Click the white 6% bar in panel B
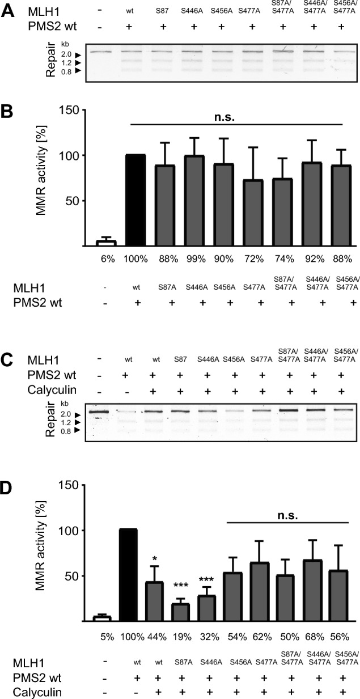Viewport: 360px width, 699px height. click(x=105, y=243)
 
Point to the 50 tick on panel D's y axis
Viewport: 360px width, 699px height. click(x=67, y=576)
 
